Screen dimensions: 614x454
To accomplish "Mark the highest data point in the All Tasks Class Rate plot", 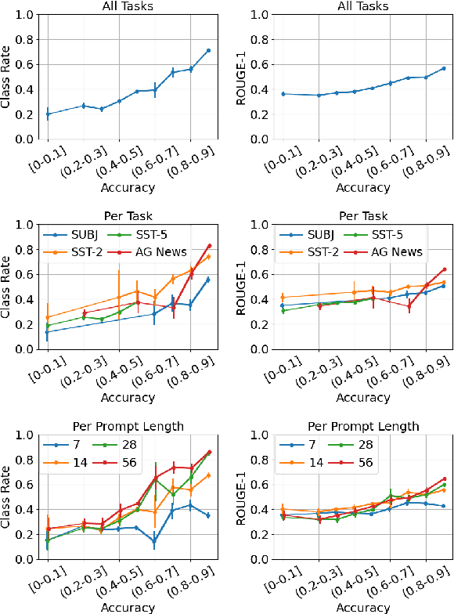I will coord(208,50).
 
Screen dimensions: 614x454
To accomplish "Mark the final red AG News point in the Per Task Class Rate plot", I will coord(208,246).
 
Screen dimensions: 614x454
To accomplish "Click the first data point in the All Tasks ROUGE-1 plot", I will coord(282,94).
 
